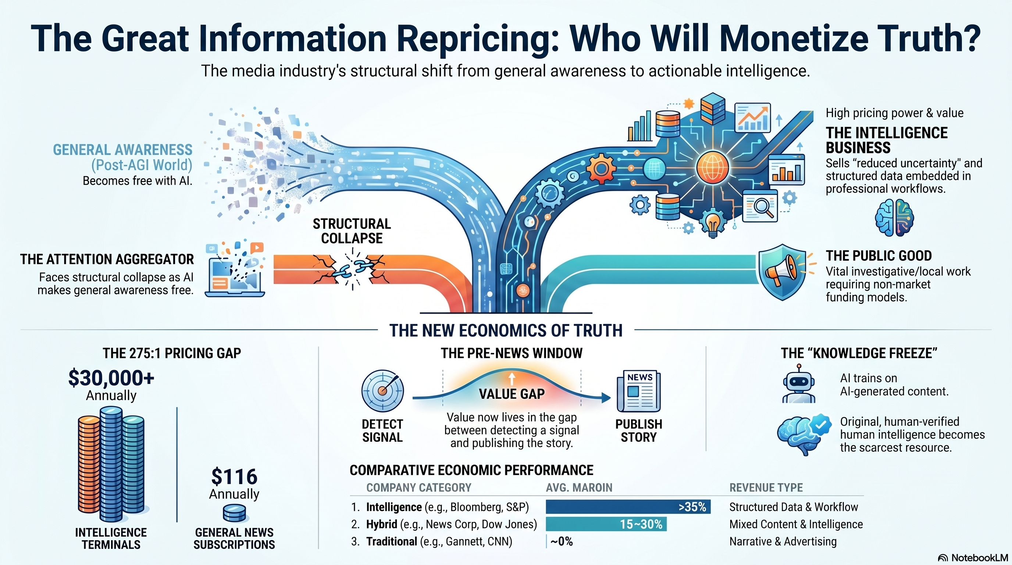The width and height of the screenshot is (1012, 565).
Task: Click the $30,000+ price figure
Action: (111, 378)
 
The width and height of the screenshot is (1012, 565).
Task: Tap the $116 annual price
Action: (234, 477)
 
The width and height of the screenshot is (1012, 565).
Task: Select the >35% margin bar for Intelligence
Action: (628, 507)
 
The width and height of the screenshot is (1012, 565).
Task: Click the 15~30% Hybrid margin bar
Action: (606, 524)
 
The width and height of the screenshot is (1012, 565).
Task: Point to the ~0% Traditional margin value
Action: (562, 541)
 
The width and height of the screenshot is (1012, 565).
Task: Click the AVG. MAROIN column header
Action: (579, 488)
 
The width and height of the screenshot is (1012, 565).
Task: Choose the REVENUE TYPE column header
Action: (766, 488)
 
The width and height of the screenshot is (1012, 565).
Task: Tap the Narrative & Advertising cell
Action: (783, 541)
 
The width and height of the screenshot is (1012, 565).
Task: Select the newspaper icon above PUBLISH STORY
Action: (639, 391)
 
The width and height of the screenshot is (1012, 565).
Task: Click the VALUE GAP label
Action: (512, 394)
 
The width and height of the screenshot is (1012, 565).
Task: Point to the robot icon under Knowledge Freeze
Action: (799, 384)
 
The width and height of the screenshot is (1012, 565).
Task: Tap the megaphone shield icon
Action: (782, 272)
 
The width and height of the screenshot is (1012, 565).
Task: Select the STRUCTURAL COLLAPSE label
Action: (352, 231)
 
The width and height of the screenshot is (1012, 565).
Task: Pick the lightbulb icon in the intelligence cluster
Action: (713, 223)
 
